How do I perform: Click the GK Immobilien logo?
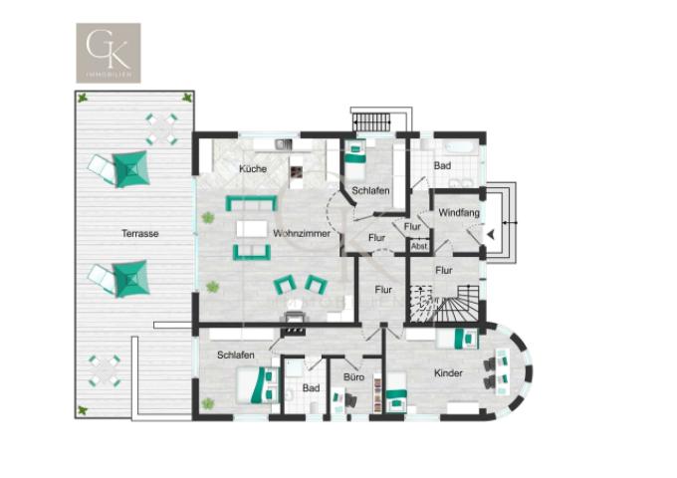point(109,53)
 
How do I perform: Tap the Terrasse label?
point(140,234)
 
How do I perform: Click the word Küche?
point(253,169)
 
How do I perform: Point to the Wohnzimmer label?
point(302,233)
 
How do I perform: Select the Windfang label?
point(458,212)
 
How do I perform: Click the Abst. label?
point(419,246)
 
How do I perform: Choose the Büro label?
point(353,377)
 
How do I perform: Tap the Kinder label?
point(448,373)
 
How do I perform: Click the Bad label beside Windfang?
point(442,165)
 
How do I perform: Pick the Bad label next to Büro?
point(312,387)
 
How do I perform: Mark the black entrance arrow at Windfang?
point(491,235)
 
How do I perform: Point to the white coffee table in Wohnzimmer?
point(252,229)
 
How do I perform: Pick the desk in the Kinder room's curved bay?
point(508,369)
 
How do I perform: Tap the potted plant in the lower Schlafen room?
point(208,403)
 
